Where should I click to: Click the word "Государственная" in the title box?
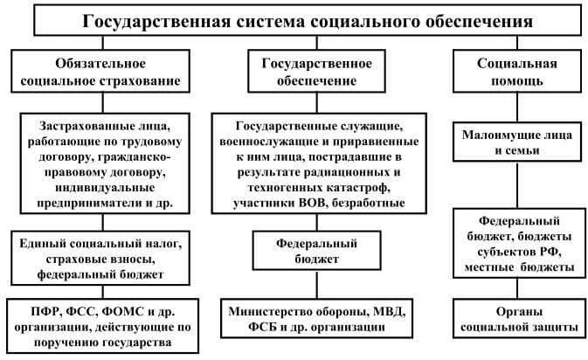coord(156,21)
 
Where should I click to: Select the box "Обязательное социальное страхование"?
coord(100,72)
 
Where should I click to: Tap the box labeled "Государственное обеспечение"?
coord(316,72)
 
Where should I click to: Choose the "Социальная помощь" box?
coord(517,72)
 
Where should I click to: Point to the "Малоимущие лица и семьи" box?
coord(517,142)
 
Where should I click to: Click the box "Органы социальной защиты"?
coord(519,318)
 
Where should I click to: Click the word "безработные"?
coord(368,203)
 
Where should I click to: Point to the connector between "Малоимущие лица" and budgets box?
coord(517,185)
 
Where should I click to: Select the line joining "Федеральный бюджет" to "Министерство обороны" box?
coord(317,284)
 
